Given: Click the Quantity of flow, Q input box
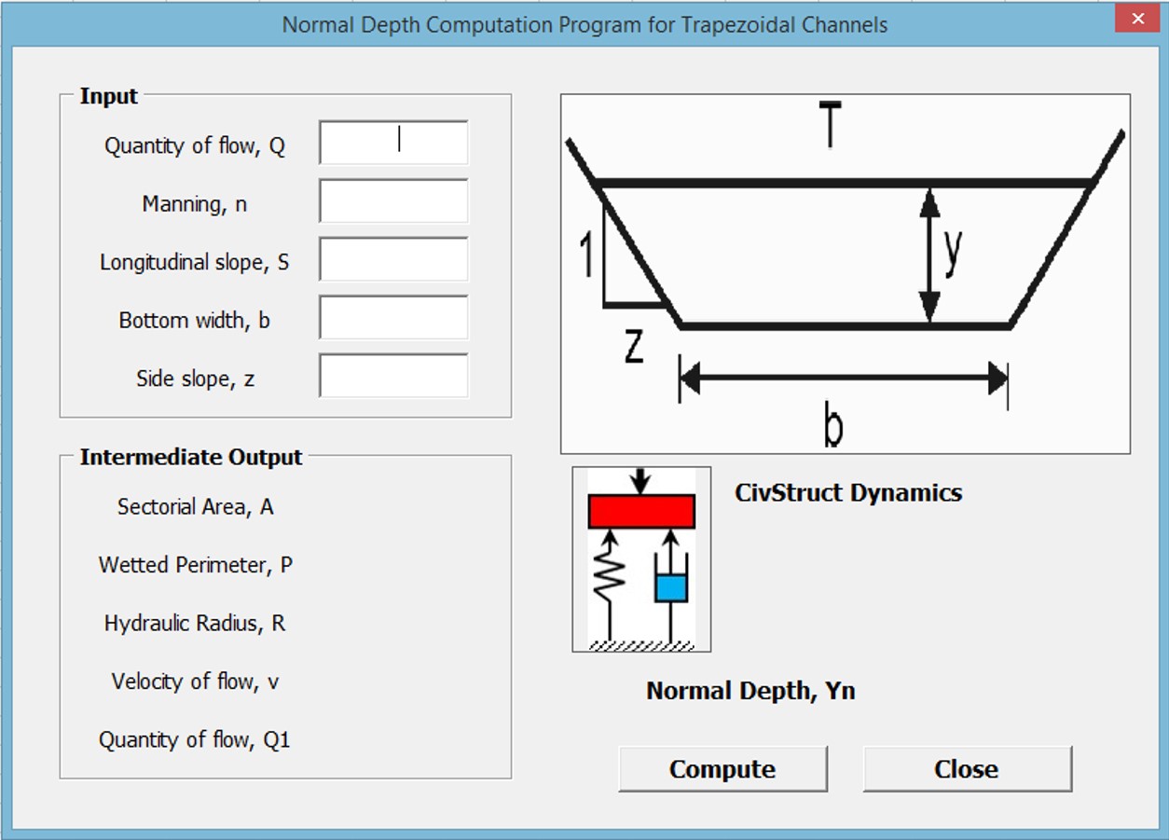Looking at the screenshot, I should [x=393, y=143].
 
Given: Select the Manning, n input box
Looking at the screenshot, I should [x=393, y=201].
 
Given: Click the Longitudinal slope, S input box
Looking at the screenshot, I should [x=393, y=259].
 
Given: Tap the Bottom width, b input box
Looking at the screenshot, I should [x=393, y=318].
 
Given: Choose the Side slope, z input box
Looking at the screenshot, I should [x=393, y=376].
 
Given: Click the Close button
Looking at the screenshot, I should [x=967, y=769].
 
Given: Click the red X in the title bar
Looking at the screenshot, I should [x=1137, y=19].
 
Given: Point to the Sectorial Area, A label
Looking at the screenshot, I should [x=196, y=507].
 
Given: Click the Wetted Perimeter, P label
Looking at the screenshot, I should [x=196, y=565].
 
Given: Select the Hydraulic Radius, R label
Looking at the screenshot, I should [x=195, y=624].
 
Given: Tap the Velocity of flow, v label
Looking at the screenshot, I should [x=196, y=682].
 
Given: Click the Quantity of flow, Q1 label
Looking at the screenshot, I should [x=195, y=740].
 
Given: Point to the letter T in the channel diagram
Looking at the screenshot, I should [x=829, y=128].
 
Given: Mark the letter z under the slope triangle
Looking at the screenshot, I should [x=634, y=347].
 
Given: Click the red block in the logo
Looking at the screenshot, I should [x=641, y=512].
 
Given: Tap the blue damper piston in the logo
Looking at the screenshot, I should [x=670, y=588].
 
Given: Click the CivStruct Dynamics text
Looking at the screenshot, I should [x=848, y=492].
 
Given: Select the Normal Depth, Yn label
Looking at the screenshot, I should [x=750, y=691].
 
